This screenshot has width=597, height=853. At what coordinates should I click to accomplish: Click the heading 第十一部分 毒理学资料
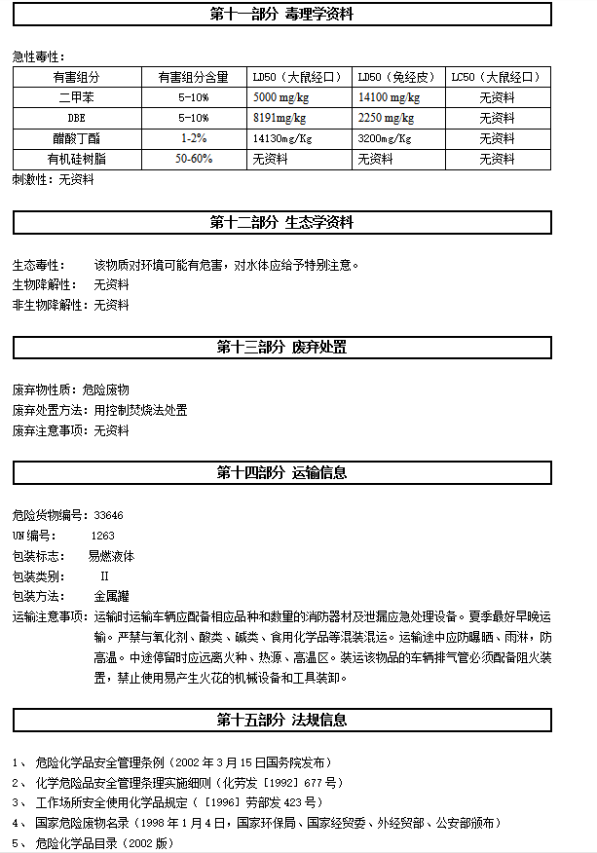[x=281, y=14]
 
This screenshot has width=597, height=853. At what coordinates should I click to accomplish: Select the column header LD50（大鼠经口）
[x=297, y=77]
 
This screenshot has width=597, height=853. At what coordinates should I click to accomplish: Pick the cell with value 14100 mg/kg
[x=389, y=97]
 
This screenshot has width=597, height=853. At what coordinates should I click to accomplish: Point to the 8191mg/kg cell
[x=280, y=118]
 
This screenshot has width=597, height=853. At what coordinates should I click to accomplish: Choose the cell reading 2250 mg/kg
[x=386, y=118]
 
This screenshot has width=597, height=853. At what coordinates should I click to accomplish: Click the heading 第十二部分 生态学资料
[x=281, y=222]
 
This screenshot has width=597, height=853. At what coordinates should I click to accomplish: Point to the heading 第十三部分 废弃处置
[x=281, y=348]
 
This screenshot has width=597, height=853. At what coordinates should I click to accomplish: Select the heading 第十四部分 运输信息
[x=281, y=473]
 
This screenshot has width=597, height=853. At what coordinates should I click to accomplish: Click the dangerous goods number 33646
[x=108, y=515]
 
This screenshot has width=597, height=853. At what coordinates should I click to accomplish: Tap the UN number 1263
[x=102, y=536]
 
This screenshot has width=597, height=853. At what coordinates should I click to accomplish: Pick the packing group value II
[x=104, y=575]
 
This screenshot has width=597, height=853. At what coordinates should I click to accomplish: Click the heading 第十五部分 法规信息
[x=281, y=721]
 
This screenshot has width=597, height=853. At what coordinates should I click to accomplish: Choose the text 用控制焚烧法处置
[x=140, y=410]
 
